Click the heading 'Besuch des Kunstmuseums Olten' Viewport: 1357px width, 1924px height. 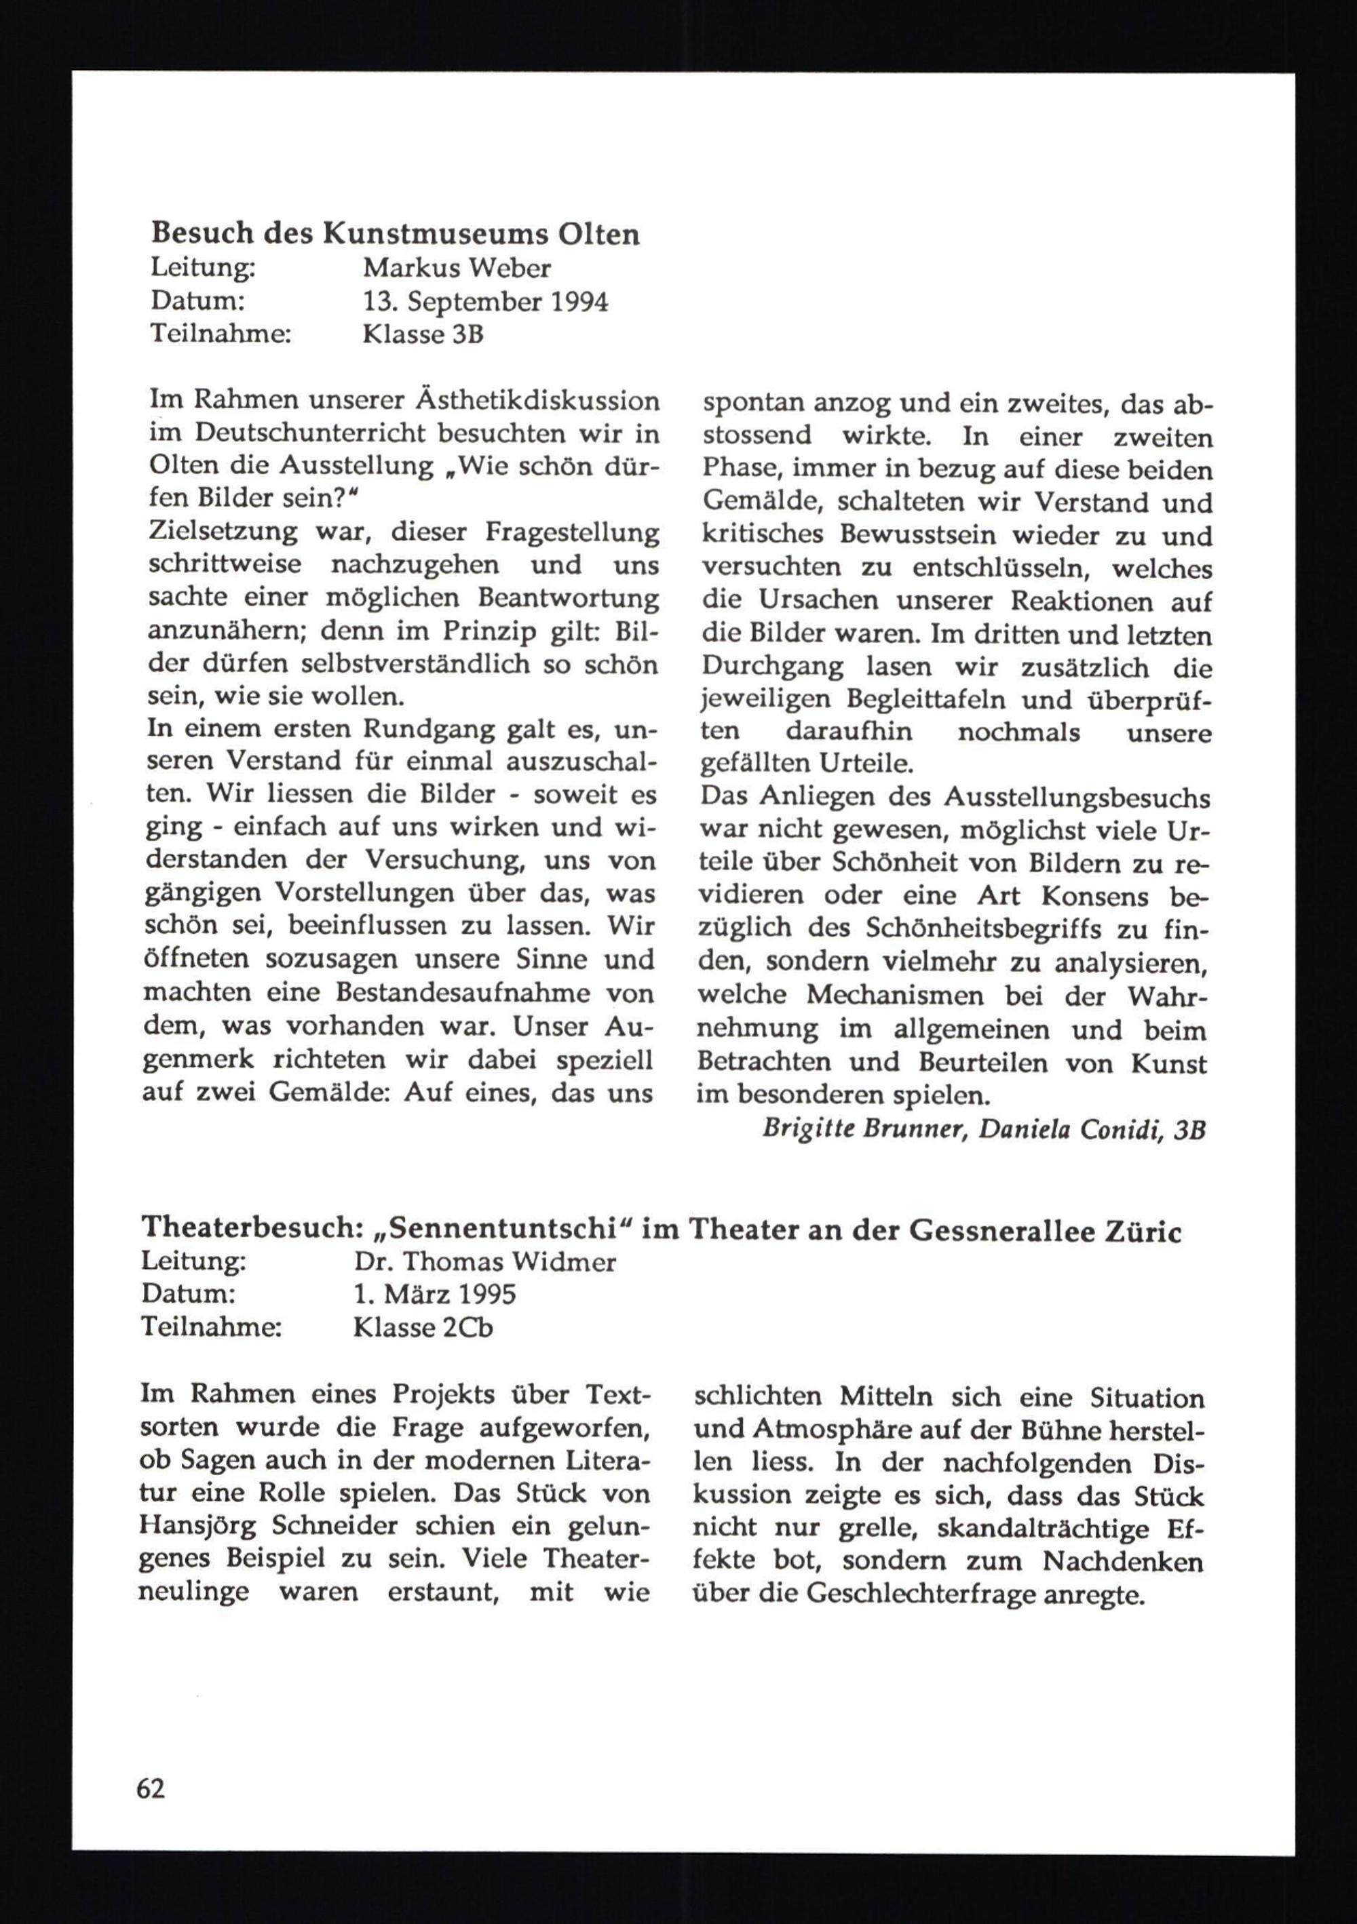coord(395,235)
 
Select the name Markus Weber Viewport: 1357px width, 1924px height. coord(457,268)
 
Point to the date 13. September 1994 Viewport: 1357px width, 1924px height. coord(485,302)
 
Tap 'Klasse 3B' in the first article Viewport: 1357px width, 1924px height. coord(423,334)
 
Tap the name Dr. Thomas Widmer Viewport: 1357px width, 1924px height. coord(484,1263)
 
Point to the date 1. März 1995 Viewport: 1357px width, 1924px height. coord(434,1295)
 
